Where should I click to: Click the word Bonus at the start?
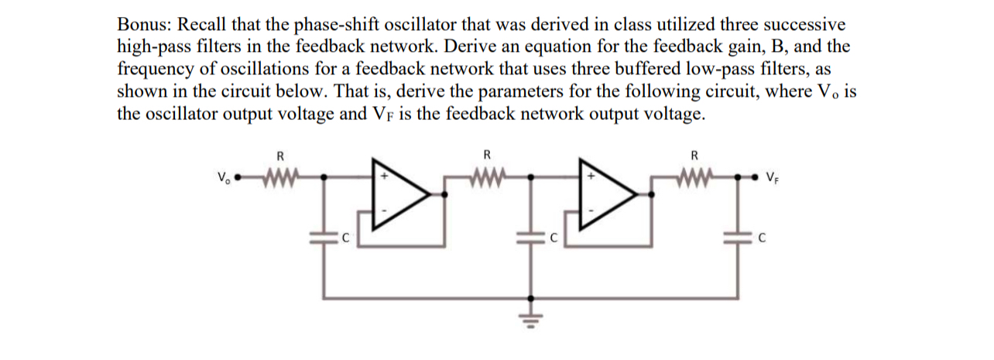point(142,24)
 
